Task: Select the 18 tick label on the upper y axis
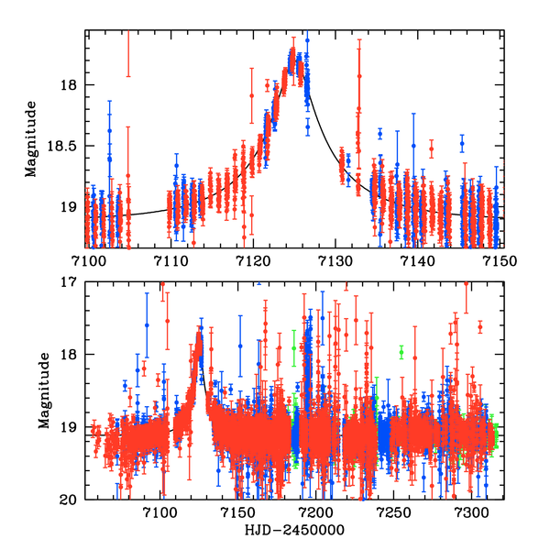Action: coord(72,85)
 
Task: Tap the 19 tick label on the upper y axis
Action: coord(72,207)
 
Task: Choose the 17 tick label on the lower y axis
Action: coord(72,283)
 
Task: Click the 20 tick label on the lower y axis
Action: coord(72,500)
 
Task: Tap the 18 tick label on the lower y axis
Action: coord(72,356)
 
